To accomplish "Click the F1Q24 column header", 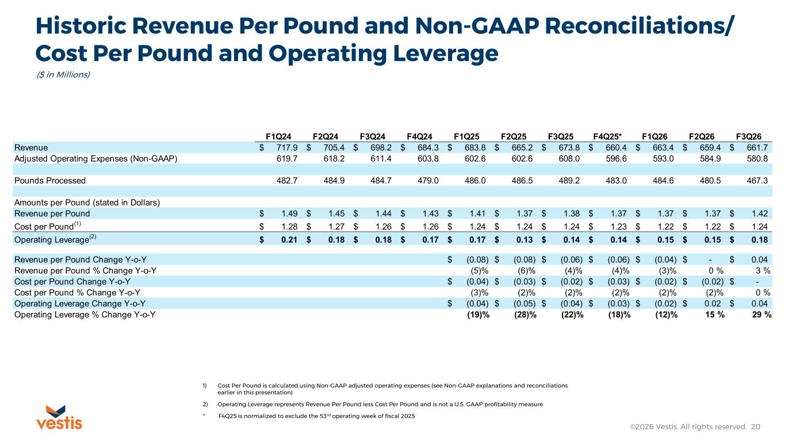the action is click(278, 136).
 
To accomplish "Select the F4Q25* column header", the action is click(607, 136).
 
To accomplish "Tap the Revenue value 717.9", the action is click(287, 148).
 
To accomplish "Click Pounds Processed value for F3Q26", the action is click(757, 181).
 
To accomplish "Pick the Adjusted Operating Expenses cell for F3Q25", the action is click(569, 159).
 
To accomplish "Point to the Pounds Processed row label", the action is click(50, 181).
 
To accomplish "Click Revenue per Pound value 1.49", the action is click(289, 214).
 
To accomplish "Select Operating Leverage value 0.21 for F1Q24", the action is click(289, 240).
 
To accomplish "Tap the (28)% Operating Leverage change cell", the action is click(525, 315).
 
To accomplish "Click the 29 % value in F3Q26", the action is click(761, 315).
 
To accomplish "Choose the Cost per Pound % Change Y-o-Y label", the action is click(77, 292).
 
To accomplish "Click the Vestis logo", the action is click(59, 417).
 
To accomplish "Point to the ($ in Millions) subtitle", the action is click(63, 75).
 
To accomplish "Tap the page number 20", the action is click(756, 426).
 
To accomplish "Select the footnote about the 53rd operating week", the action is click(316, 416).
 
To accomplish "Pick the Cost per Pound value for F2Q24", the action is click(336, 227).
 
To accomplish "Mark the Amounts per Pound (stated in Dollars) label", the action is click(87, 203).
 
